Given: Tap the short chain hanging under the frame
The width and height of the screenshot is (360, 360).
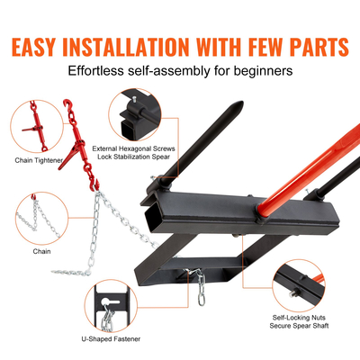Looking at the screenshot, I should tap(204, 288).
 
